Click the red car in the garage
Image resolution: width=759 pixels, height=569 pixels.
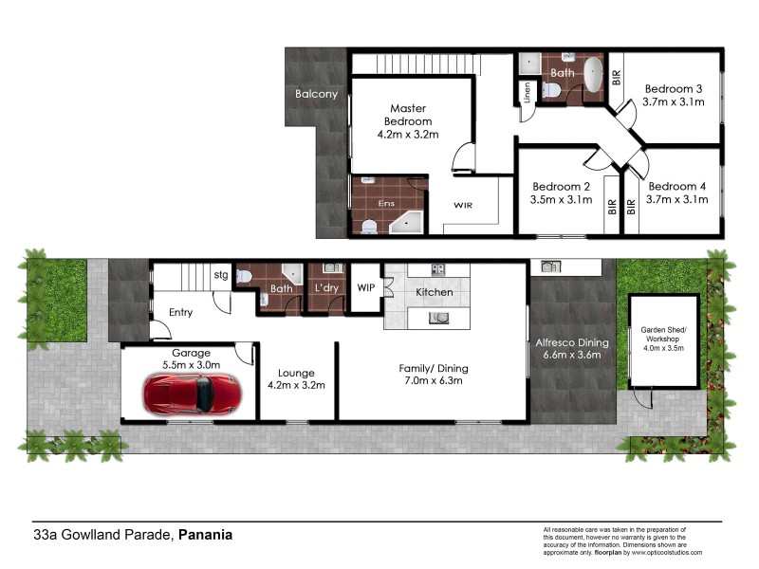pos(191,393)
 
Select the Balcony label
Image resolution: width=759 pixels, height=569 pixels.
pos(316,94)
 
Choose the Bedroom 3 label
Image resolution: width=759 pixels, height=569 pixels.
pos(674,86)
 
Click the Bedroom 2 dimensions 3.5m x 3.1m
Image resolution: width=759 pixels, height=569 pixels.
pos(562,200)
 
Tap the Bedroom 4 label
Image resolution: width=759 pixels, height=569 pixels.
pos(674,186)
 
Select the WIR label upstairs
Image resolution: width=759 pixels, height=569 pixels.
pos(463,205)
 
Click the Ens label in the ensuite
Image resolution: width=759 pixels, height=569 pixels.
pos(386,203)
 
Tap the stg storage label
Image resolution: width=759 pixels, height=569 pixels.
pos(221,276)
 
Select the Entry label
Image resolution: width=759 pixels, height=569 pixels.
pos(180,312)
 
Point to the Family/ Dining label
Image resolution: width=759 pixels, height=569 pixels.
pos(434,368)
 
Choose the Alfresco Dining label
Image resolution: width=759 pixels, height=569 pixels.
pos(572,342)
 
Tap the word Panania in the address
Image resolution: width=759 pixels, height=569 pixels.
pos(205,535)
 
